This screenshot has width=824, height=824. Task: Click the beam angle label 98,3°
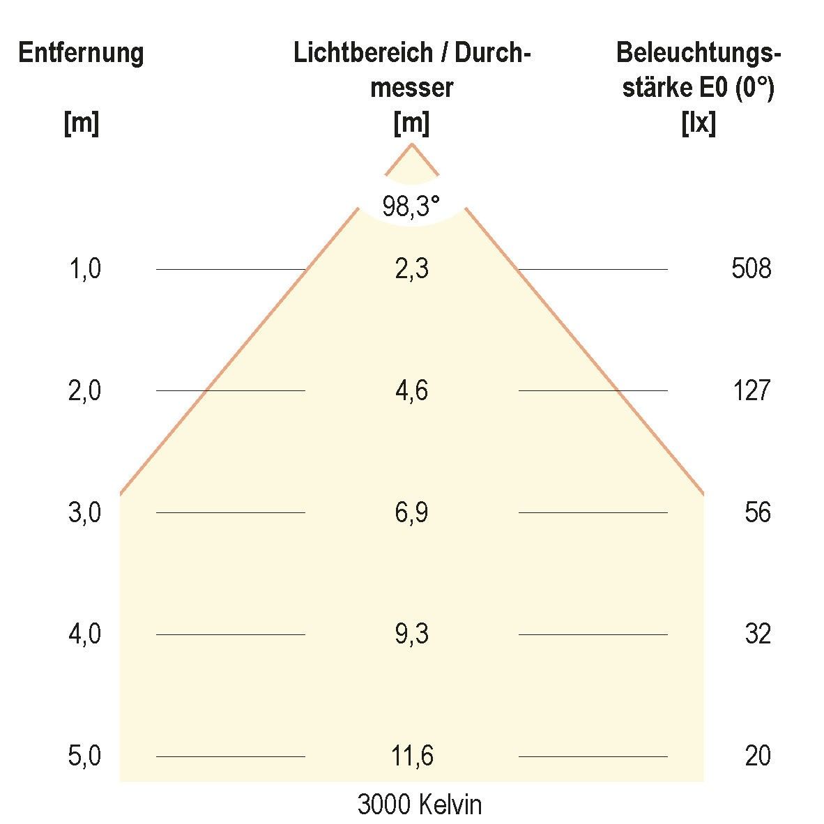(x=411, y=206)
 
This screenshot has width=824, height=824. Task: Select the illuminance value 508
(x=751, y=268)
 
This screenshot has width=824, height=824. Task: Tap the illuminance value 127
(x=751, y=390)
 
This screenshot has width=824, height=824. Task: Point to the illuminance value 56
(x=757, y=512)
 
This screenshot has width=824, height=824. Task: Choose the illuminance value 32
(x=757, y=634)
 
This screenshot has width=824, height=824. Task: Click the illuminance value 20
(x=757, y=756)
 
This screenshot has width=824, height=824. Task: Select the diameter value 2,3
(x=411, y=268)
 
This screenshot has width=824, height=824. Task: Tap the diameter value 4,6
(x=411, y=390)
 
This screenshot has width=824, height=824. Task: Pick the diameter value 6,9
(x=411, y=512)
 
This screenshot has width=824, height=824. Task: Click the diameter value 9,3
(x=411, y=634)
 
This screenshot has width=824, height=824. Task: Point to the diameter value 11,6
(x=411, y=756)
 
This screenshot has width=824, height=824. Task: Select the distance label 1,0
(x=84, y=268)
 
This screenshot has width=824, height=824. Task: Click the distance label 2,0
(x=84, y=390)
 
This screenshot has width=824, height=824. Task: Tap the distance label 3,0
(x=84, y=512)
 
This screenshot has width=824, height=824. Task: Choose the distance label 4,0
(x=84, y=634)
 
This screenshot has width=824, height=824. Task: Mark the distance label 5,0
(x=84, y=756)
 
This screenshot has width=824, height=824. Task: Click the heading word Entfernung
(x=81, y=53)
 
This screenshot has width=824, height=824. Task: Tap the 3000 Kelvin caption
(x=419, y=805)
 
